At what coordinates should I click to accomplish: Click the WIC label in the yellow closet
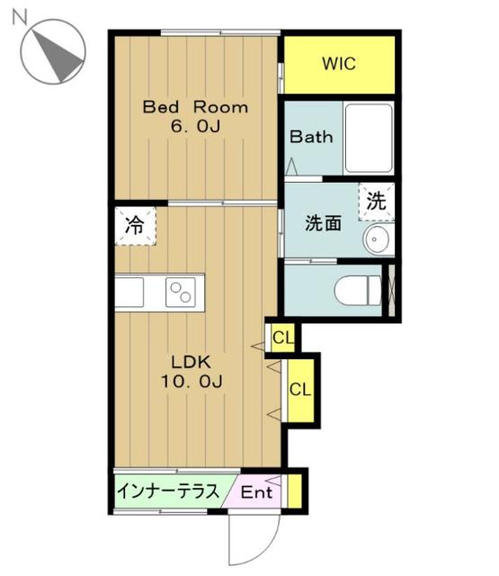[x=339, y=64]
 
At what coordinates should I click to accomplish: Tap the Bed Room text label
[x=196, y=107]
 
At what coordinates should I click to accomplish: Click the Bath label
[x=311, y=138]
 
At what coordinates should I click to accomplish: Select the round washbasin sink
[x=379, y=238]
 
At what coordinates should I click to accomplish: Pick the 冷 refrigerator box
[x=134, y=225]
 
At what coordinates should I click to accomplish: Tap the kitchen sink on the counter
[x=129, y=291]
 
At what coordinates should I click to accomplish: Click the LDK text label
[x=192, y=362]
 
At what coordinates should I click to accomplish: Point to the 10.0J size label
[x=192, y=382]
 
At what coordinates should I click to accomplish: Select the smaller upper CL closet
[x=282, y=338]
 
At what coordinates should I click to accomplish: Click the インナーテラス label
[x=168, y=492]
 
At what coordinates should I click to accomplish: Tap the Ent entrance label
[x=256, y=493]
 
